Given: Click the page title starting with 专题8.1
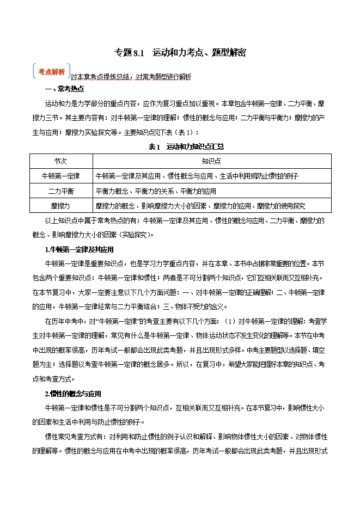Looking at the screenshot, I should (180, 53).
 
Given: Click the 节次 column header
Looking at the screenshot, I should (60, 161).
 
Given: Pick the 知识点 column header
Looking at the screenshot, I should (212, 161).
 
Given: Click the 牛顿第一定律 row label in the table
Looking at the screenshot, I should (60, 176).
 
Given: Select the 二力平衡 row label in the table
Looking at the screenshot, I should (60, 191).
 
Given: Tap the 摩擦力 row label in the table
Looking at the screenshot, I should (60, 206).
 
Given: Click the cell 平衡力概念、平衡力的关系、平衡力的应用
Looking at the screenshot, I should (156, 191).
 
